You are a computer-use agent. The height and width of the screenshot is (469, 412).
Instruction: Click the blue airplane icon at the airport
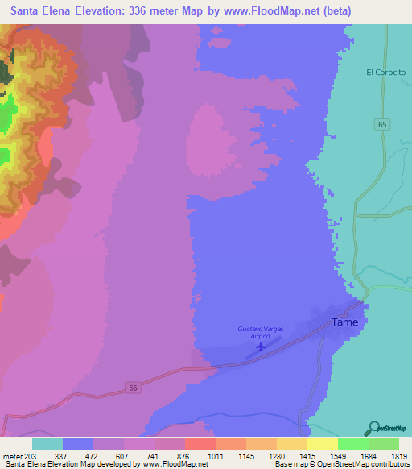(x=260, y=347)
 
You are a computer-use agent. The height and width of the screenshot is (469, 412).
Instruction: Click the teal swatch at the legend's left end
(x=47, y=444)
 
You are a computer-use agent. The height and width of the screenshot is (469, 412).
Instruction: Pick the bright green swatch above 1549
(x=352, y=444)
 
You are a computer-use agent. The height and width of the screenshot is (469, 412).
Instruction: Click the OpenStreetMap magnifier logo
(x=372, y=428)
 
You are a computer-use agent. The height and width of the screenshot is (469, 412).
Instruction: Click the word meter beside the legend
(x=14, y=455)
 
